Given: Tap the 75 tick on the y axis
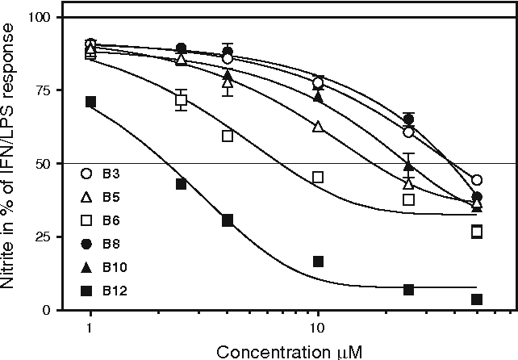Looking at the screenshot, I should (48, 90).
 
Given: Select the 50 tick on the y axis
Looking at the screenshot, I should (48, 164).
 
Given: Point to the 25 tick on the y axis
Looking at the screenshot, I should (48, 237).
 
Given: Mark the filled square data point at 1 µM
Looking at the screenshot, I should (90, 102).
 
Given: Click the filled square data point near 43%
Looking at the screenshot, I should (182, 184).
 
